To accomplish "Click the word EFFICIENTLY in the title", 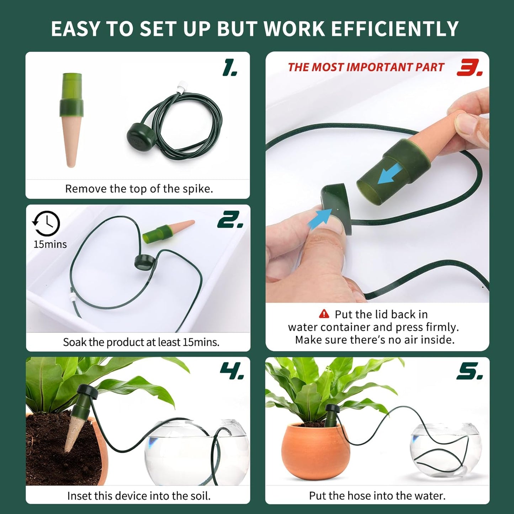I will click(395, 29).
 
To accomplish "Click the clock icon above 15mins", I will click(47, 223).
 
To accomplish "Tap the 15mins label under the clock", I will click(50, 245).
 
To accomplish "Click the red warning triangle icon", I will click(324, 314).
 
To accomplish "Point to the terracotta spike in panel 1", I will click(71, 142).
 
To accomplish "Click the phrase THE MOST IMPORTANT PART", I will click(366, 67).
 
